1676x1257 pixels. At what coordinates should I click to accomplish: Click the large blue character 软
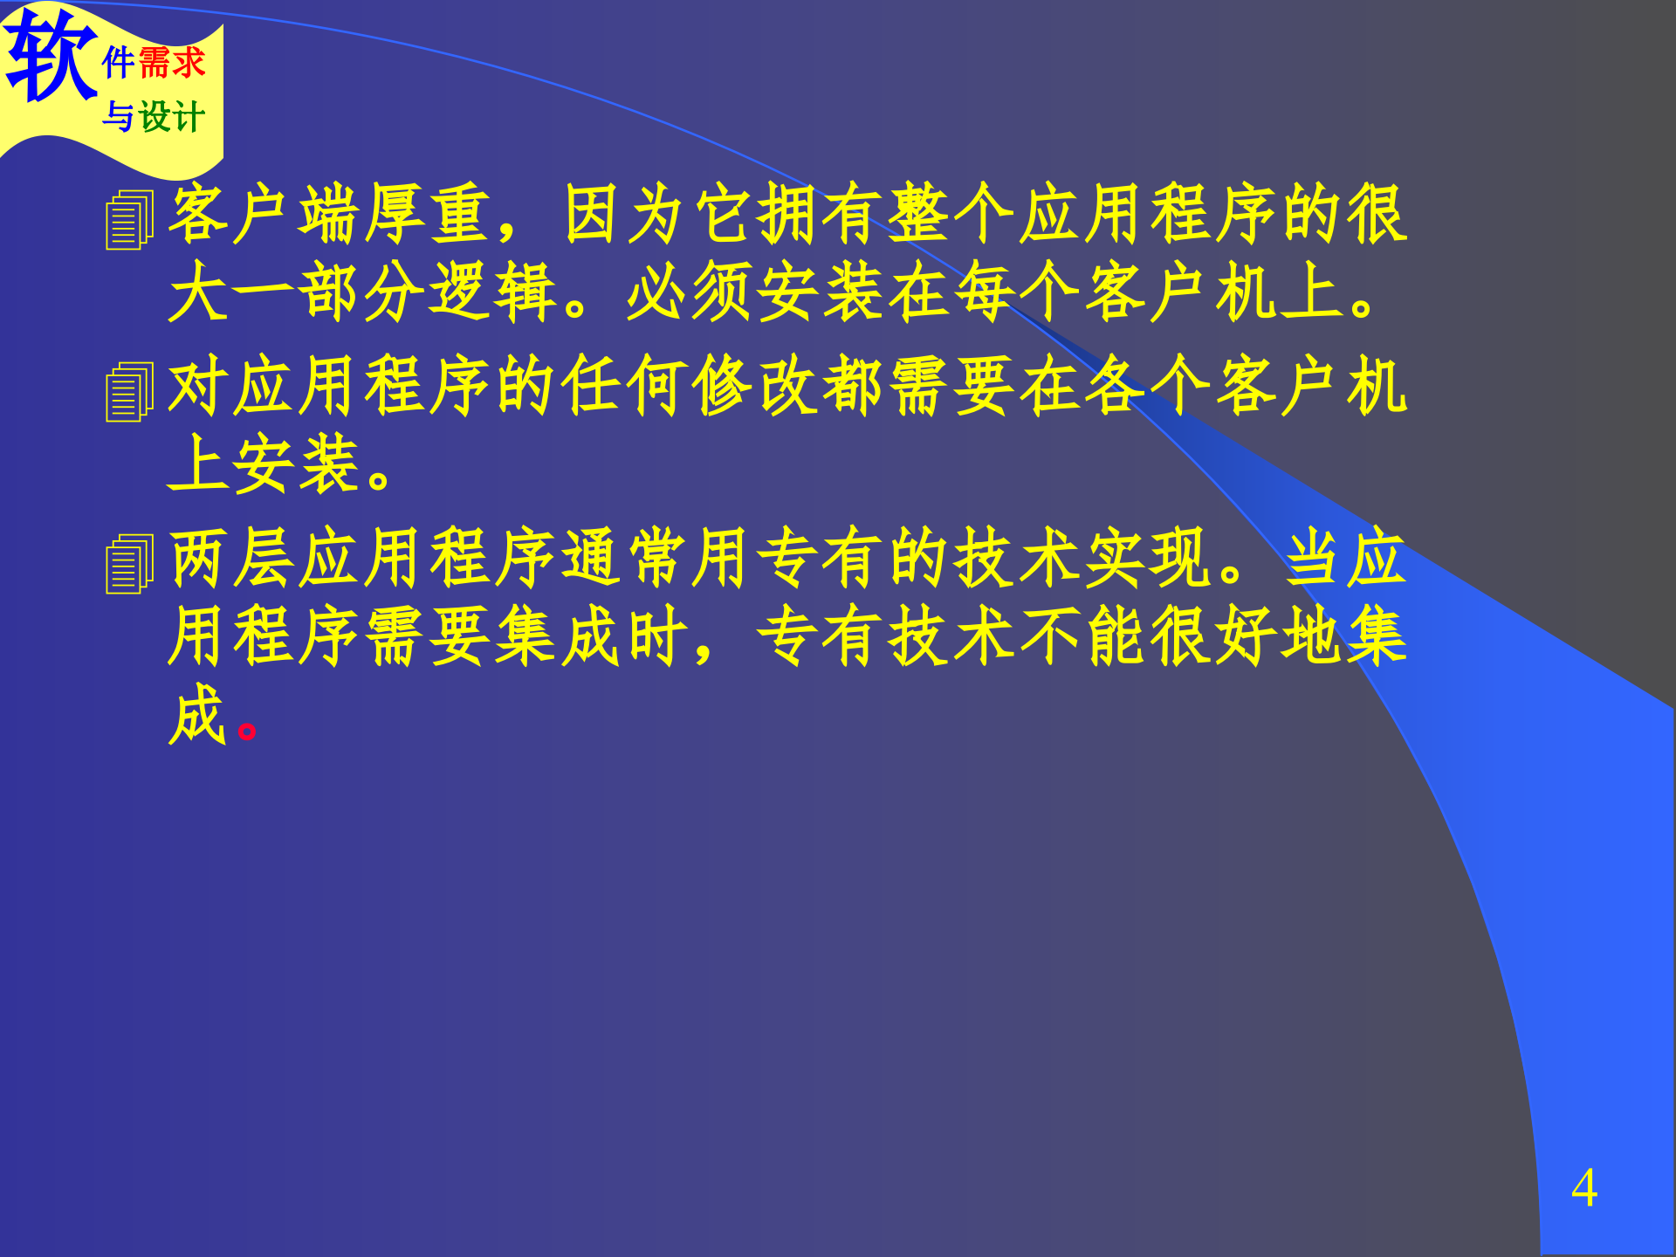51,56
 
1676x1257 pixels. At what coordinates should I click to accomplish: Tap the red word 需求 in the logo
172,63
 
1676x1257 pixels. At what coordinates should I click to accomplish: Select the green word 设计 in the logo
172,117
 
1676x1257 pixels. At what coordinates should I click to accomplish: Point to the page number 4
1583,1188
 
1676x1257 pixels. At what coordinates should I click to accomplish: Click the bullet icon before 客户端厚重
129,220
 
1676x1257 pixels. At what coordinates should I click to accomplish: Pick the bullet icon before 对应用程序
129,392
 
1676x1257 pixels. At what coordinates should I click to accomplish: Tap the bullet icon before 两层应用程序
129,564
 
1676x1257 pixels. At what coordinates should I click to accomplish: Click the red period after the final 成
247,730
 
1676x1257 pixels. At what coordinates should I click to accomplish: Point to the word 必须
689,292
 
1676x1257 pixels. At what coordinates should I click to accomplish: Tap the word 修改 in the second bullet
754,386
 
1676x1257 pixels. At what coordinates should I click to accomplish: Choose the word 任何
623,386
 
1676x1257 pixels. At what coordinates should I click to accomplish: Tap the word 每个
1016,292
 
